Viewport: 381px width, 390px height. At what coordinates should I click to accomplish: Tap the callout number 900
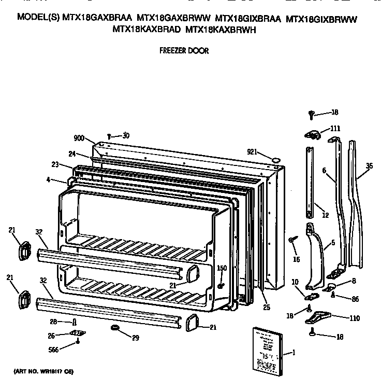(x=79, y=138)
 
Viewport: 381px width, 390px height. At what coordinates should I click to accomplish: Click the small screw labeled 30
(x=109, y=136)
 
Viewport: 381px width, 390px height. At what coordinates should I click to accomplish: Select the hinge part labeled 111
(x=312, y=135)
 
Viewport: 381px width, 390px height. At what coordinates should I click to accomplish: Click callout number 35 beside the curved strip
(x=369, y=166)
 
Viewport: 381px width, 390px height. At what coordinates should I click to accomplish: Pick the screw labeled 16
(x=293, y=239)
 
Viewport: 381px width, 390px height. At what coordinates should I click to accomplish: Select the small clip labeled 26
(x=77, y=332)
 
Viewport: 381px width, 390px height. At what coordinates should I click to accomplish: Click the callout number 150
(x=222, y=268)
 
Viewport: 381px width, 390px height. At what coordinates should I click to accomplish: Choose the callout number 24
(x=72, y=153)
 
